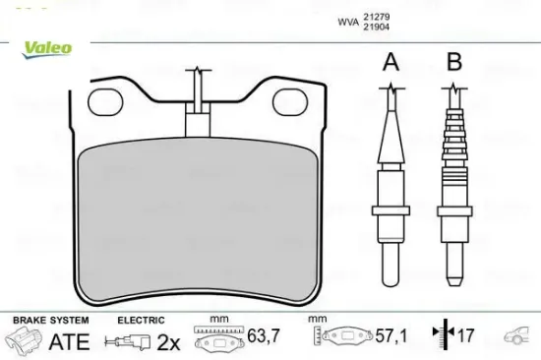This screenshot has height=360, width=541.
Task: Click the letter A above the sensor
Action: pos(391,64)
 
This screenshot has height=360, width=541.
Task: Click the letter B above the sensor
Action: pos(453,64)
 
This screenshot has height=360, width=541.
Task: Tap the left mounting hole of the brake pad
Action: pos(103,99)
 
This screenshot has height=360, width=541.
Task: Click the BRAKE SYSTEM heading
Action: pos(50,321)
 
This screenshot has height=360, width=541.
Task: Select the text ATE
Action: pos(70,341)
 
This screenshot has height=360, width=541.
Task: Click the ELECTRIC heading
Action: pos(141,321)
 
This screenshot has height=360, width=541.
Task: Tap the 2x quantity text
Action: pos(169,341)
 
